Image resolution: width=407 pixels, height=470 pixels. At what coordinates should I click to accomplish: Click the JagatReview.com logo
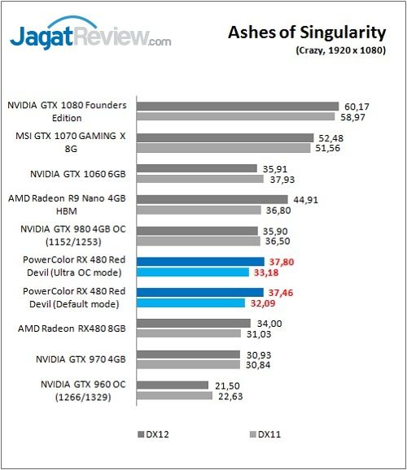click(90, 37)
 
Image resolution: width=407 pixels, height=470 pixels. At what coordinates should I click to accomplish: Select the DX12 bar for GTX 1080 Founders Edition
click(237, 106)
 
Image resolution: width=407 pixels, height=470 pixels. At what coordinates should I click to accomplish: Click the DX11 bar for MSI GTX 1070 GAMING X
click(224, 149)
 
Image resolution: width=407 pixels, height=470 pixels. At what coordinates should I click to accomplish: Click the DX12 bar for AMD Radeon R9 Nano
click(212, 199)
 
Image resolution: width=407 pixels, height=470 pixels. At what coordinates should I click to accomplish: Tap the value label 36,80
click(282, 211)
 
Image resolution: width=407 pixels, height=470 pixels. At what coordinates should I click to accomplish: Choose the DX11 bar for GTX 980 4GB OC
click(198, 242)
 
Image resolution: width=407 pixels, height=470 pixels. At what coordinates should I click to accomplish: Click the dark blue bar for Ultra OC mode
click(200, 261)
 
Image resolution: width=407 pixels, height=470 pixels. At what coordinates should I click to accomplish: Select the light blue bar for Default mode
click(190, 302)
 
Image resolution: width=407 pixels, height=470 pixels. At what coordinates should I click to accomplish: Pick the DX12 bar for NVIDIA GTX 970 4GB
click(188, 355)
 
